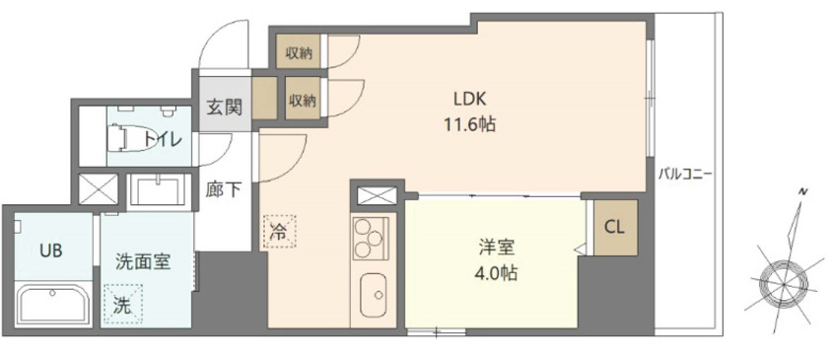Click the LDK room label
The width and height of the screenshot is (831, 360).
470,98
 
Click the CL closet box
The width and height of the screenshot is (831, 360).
614,228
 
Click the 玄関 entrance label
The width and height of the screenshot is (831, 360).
225,105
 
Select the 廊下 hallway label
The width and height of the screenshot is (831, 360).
223,189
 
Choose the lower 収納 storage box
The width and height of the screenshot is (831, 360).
303,100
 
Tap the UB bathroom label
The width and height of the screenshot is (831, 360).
51,251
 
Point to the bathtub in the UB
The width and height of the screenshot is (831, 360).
52,303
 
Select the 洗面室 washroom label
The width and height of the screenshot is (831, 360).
144,261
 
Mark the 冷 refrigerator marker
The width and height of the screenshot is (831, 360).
279,235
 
